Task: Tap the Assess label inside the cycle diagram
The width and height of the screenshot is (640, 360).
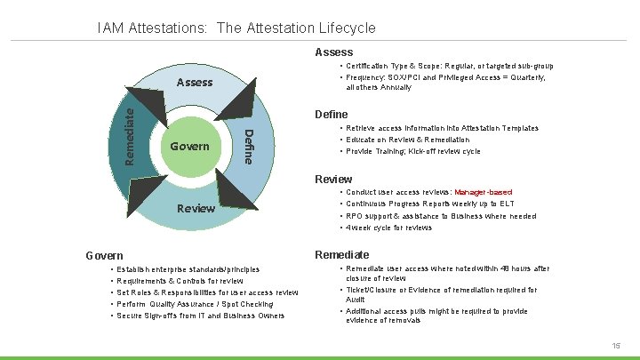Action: click(195, 83)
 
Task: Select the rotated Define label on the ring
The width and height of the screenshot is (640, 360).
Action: click(250, 147)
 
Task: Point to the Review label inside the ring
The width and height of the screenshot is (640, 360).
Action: click(196, 209)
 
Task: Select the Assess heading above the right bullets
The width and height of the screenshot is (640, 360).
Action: click(333, 52)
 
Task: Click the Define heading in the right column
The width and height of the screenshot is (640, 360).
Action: click(332, 115)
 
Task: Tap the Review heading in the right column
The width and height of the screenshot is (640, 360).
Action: click(333, 180)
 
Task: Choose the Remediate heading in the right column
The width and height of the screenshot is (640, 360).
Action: click(342, 255)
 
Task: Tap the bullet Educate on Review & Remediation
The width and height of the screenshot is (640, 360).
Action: click(407, 140)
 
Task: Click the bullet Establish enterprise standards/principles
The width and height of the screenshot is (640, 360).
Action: click(188, 269)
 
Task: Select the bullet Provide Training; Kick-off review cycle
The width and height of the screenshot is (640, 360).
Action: click(412, 151)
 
